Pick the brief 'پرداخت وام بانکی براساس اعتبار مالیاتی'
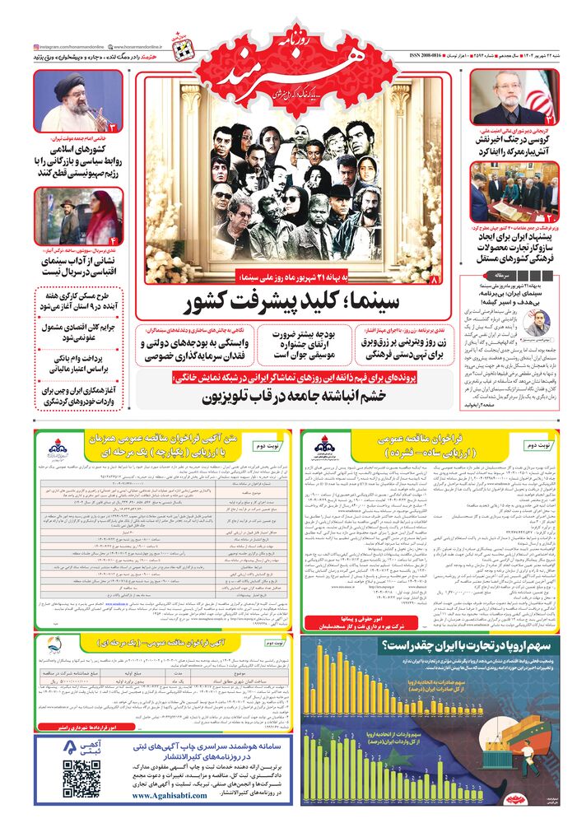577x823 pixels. (80, 365)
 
